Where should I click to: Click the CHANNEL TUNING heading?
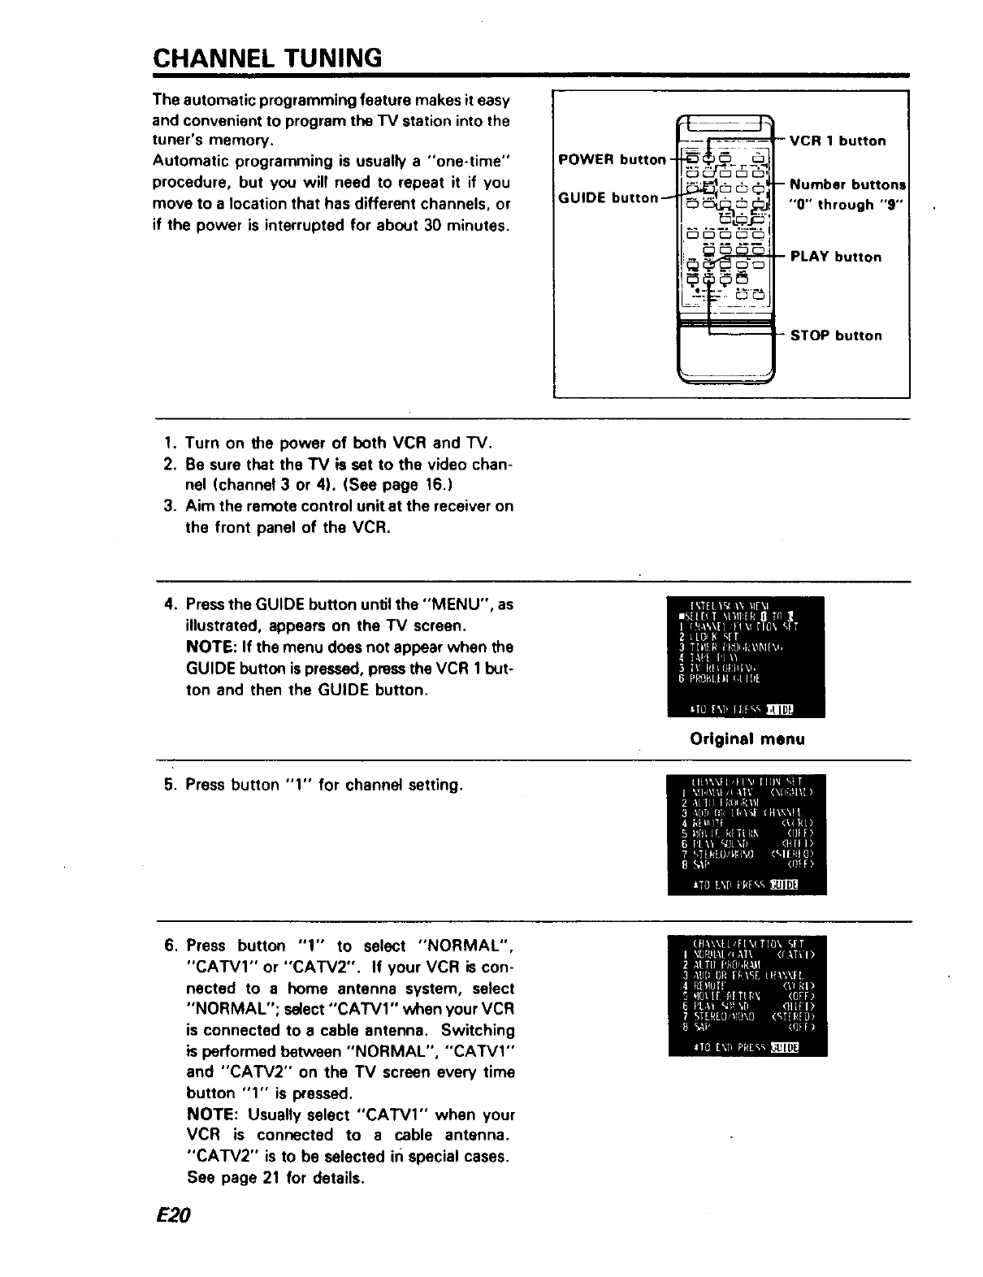[266, 58]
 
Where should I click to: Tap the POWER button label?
[612, 160]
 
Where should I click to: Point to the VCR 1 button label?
[838, 141]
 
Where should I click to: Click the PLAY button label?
[835, 257]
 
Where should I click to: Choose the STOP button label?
[835, 335]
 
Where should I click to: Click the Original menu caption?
[746, 739]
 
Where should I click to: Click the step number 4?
[169, 605]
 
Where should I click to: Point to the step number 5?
[169, 785]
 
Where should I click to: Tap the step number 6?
[170, 946]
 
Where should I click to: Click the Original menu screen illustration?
[745, 657]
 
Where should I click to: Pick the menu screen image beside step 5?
[745, 834]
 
